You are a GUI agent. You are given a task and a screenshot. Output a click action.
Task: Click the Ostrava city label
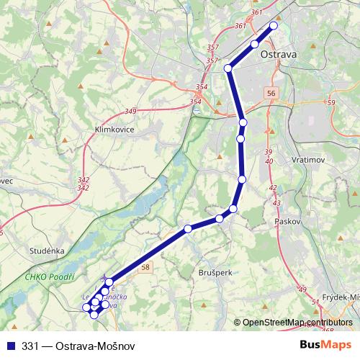279,55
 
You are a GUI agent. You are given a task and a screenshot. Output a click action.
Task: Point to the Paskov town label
287,222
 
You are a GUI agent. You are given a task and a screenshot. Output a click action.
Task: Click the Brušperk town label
214,273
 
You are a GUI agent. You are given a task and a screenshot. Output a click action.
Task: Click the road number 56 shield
270,94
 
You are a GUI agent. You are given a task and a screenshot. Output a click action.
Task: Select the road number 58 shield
146,268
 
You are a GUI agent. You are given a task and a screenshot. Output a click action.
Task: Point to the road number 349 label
130,111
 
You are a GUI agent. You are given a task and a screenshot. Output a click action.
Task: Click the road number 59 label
330,103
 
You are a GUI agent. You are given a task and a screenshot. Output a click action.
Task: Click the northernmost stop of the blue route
274,26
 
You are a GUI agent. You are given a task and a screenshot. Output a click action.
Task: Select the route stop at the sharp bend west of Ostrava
228,68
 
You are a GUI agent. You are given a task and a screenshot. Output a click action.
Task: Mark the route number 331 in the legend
30,345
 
